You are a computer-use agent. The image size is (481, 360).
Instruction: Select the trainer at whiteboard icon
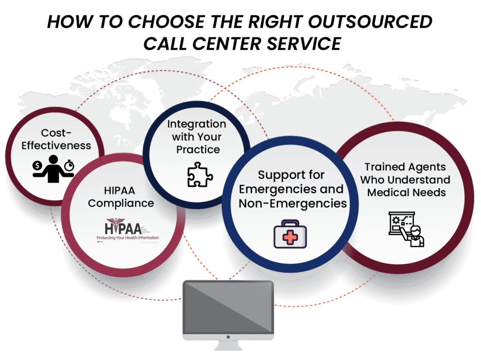406,229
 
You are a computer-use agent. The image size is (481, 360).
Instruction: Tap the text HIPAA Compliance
121,197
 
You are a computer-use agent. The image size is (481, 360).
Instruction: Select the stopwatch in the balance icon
70,165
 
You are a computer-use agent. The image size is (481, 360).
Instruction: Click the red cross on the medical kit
290,237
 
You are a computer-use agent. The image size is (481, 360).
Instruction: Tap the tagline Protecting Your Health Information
128,238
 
